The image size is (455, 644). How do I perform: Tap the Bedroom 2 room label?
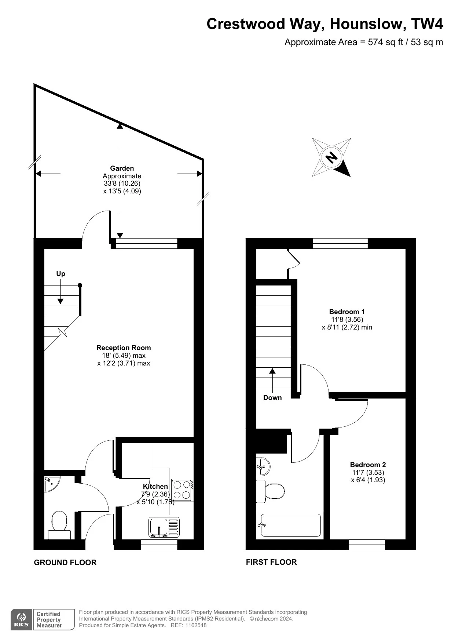coord(368,465)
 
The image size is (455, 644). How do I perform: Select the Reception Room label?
coord(124,348)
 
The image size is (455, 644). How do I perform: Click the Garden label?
coord(122,168)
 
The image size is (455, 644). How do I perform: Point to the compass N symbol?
coord(331,157)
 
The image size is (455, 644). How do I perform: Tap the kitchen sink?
coord(164,527)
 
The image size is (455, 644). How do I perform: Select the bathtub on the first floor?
coord(290,525)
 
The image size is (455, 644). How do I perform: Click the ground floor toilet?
coord(59,525)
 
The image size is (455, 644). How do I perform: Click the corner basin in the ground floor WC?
coord(51,483)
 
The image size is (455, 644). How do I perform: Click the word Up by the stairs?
coord(60,274)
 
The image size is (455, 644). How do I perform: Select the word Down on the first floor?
coord(272,398)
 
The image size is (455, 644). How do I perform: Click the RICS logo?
coord(22,619)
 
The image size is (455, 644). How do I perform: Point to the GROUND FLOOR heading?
coord(65,563)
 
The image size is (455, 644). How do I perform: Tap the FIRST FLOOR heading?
coord(271,562)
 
